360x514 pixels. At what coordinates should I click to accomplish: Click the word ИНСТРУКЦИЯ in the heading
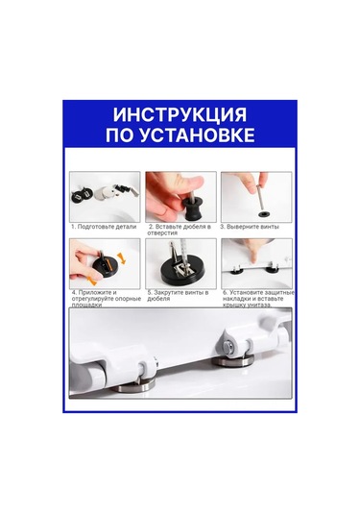pos(180,115)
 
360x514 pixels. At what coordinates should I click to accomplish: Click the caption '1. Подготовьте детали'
pos(104,227)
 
